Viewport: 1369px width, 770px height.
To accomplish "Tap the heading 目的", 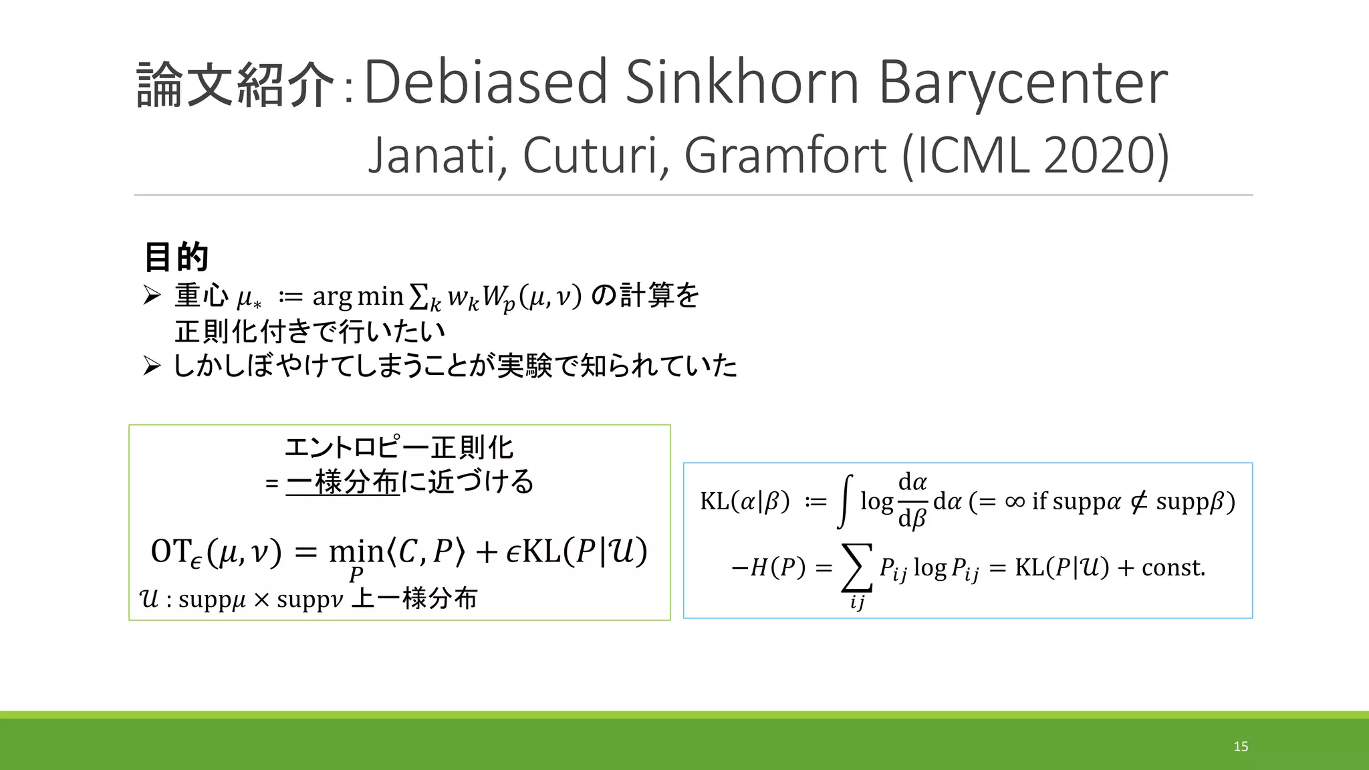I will (x=176, y=257).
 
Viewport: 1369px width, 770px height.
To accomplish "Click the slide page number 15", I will (x=1241, y=747).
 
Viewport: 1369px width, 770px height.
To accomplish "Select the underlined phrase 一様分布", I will (x=342, y=482).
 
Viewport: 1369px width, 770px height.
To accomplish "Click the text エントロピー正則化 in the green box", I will (x=399, y=447).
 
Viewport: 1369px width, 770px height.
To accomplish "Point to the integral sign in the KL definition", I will (x=846, y=501).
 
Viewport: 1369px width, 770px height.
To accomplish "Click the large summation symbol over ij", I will (x=857, y=567).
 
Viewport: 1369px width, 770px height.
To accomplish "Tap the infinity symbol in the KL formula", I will (x=1014, y=501).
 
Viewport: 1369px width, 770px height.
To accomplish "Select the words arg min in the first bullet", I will (x=358, y=295).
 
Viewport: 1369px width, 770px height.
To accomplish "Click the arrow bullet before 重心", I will (x=152, y=295).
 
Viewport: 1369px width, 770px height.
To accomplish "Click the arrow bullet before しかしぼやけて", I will (x=152, y=366).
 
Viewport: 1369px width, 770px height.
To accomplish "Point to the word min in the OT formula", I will (x=356, y=552).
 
